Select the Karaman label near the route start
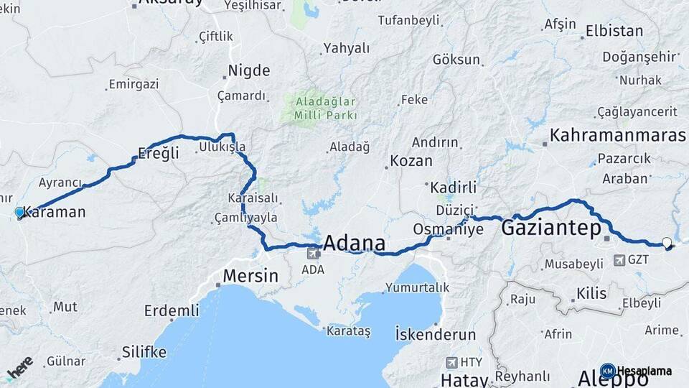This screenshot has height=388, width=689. (55, 213)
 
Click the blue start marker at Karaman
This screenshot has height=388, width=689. (19, 213)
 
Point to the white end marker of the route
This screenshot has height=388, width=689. (667, 243)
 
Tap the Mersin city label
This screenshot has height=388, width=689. (250, 275)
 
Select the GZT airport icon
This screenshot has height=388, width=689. (617, 260)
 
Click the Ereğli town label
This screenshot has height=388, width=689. (158, 153)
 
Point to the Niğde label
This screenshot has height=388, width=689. (249, 70)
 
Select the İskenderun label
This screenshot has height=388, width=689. (436, 334)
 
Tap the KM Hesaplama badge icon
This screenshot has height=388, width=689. (608, 371)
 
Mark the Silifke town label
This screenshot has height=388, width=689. (144, 352)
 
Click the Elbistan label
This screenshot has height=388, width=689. (614, 31)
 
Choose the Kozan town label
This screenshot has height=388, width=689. (411, 161)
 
